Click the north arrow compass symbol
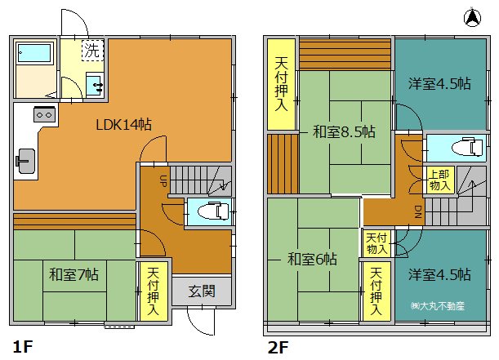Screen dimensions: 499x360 (473, 17)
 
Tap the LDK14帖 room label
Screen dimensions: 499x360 (124, 124)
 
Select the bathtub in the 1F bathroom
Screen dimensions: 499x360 (33, 53)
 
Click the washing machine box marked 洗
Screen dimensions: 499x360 (92, 50)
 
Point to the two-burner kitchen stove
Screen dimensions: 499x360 (45, 114)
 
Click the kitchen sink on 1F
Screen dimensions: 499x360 (26, 161)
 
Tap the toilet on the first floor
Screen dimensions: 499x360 (213, 211)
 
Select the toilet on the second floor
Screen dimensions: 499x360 (467, 148)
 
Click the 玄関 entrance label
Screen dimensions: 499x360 (202, 291)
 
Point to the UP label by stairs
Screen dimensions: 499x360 (163, 181)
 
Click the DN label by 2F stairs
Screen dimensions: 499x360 (418, 211)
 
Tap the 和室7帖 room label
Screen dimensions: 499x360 (74, 274)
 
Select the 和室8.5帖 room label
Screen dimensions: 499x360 (344, 131)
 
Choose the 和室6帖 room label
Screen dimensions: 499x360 (312, 260)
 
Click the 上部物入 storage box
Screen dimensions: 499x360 (439, 180)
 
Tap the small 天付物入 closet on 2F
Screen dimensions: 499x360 (376, 243)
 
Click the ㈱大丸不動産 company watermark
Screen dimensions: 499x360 (438, 306)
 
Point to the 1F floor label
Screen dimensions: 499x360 (23, 346)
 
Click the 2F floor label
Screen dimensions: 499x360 (278, 347)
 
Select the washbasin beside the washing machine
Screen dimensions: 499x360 (95, 84)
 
